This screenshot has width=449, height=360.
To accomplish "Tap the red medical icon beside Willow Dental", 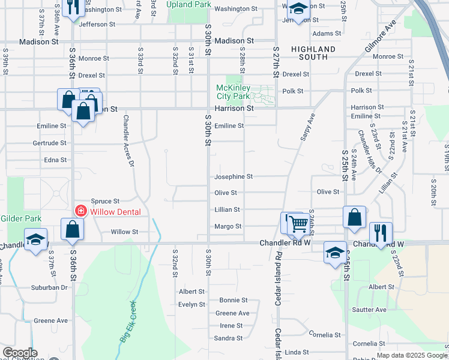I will (x=80, y=211).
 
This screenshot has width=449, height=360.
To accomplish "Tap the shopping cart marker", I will (x=297, y=224).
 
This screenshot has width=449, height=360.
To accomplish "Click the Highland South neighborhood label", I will (x=313, y=53).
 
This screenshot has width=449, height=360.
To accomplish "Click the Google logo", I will (x=19, y=353).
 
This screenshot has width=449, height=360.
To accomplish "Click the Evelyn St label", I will (x=191, y=304).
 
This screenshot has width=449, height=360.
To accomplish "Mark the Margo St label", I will (x=228, y=226).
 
